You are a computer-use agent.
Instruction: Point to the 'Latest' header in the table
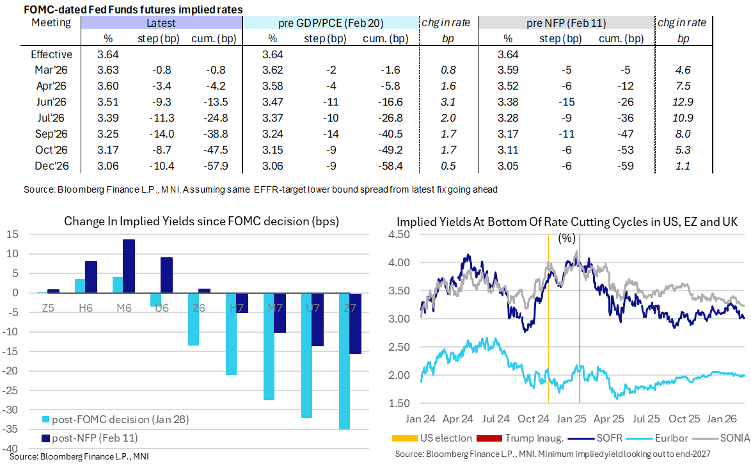(161, 23)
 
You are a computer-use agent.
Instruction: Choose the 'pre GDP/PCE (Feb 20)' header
(331, 23)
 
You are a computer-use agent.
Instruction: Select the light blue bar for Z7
(344, 362)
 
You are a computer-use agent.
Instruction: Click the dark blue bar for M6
(129, 266)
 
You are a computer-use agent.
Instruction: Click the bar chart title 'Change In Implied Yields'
(201, 221)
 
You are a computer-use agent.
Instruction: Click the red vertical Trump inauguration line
(580, 333)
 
